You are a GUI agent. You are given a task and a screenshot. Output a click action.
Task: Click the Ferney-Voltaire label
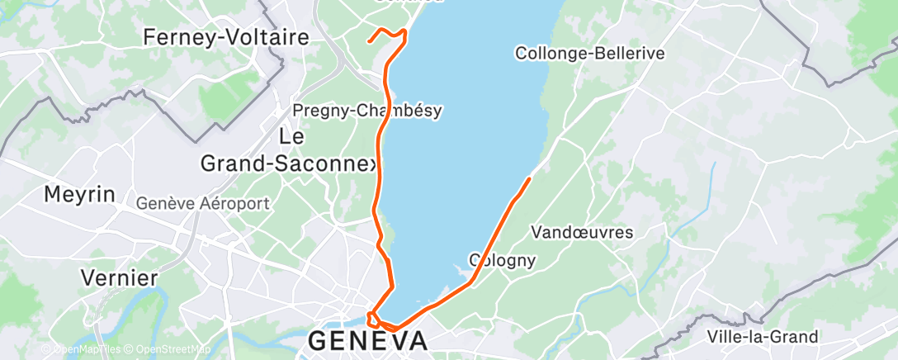[225, 37]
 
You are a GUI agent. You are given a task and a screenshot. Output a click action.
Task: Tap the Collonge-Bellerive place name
[589, 53]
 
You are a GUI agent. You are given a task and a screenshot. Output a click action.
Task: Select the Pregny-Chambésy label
[368, 111]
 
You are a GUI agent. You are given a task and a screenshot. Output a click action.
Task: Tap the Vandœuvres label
[584, 232]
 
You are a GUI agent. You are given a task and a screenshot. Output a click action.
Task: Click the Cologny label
[503, 260]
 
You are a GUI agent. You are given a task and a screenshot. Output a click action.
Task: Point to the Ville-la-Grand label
[763, 337]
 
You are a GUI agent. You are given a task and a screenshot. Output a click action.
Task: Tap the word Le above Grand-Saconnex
[293, 135]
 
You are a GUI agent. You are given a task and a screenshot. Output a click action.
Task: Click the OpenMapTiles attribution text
[83, 350]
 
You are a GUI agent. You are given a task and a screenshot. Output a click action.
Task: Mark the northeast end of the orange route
[529, 177]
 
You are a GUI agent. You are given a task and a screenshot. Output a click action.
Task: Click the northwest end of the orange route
[369, 38]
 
